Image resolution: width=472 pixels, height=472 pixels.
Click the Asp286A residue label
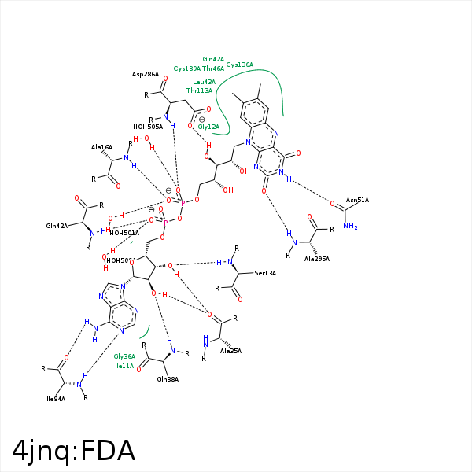click(x=146, y=74)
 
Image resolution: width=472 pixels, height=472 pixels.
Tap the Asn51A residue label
click(x=358, y=200)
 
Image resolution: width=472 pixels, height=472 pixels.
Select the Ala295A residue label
click(x=316, y=258)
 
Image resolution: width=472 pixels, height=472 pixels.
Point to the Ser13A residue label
click(x=266, y=273)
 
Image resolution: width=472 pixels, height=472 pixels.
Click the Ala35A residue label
click(x=230, y=351)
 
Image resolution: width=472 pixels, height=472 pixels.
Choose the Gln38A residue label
click(x=168, y=378)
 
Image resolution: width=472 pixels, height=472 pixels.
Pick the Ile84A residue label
click(x=55, y=399)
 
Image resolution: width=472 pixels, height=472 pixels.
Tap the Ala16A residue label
click(x=102, y=147)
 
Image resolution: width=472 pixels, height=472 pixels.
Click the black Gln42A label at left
click(x=57, y=226)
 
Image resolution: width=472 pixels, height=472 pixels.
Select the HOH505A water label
click(x=148, y=126)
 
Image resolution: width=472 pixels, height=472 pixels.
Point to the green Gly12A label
click(x=208, y=127)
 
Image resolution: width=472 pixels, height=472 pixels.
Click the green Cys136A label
click(x=240, y=65)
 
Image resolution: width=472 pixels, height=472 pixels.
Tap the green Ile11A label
click(x=124, y=366)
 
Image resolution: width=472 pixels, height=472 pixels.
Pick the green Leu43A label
click(x=205, y=82)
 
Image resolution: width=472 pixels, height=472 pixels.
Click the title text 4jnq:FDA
click(x=74, y=451)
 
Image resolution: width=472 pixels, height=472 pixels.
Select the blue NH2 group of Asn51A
click(x=351, y=227)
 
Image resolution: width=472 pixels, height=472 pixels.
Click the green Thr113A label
click(x=200, y=90)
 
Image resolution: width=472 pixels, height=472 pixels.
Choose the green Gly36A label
click(x=125, y=356)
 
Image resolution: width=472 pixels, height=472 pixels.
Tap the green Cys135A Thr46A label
click(x=199, y=68)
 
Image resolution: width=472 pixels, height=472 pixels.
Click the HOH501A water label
click(x=124, y=233)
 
